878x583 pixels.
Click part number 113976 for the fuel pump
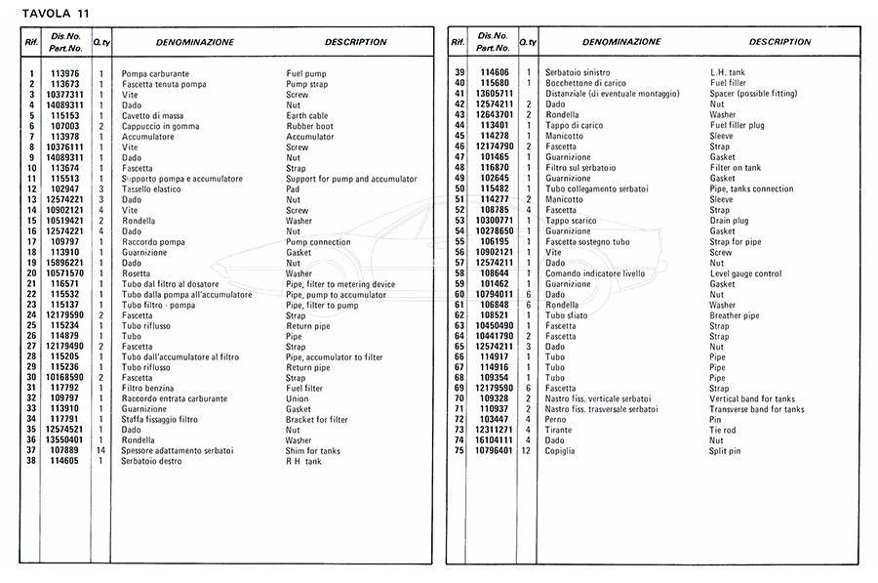pyautogui.click(x=64, y=74)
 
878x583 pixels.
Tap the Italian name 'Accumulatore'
pyautogui.click(x=147, y=137)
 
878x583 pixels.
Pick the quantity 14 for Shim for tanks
pyautogui.click(x=100, y=451)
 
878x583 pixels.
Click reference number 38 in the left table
pyautogui.click(x=31, y=462)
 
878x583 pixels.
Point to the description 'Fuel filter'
pyautogui.click(x=304, y=389)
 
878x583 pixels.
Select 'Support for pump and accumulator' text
pyautogui.click(x=351, y=179)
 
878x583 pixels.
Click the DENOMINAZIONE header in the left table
pyautogui.click(x=195, y=43)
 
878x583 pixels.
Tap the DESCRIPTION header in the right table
pyautogui.click(x=779, y=43)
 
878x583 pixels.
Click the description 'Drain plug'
pyautogui.click(x=729, y=221)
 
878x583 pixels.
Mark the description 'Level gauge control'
pyautogui.click(x=745, y=273)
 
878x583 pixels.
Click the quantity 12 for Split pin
pyautogui.click(x=528, y=451)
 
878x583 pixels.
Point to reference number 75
pyautogui.click(x=459, y=451)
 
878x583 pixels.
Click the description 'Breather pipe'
pyautogui.click(x=735, y=315)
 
